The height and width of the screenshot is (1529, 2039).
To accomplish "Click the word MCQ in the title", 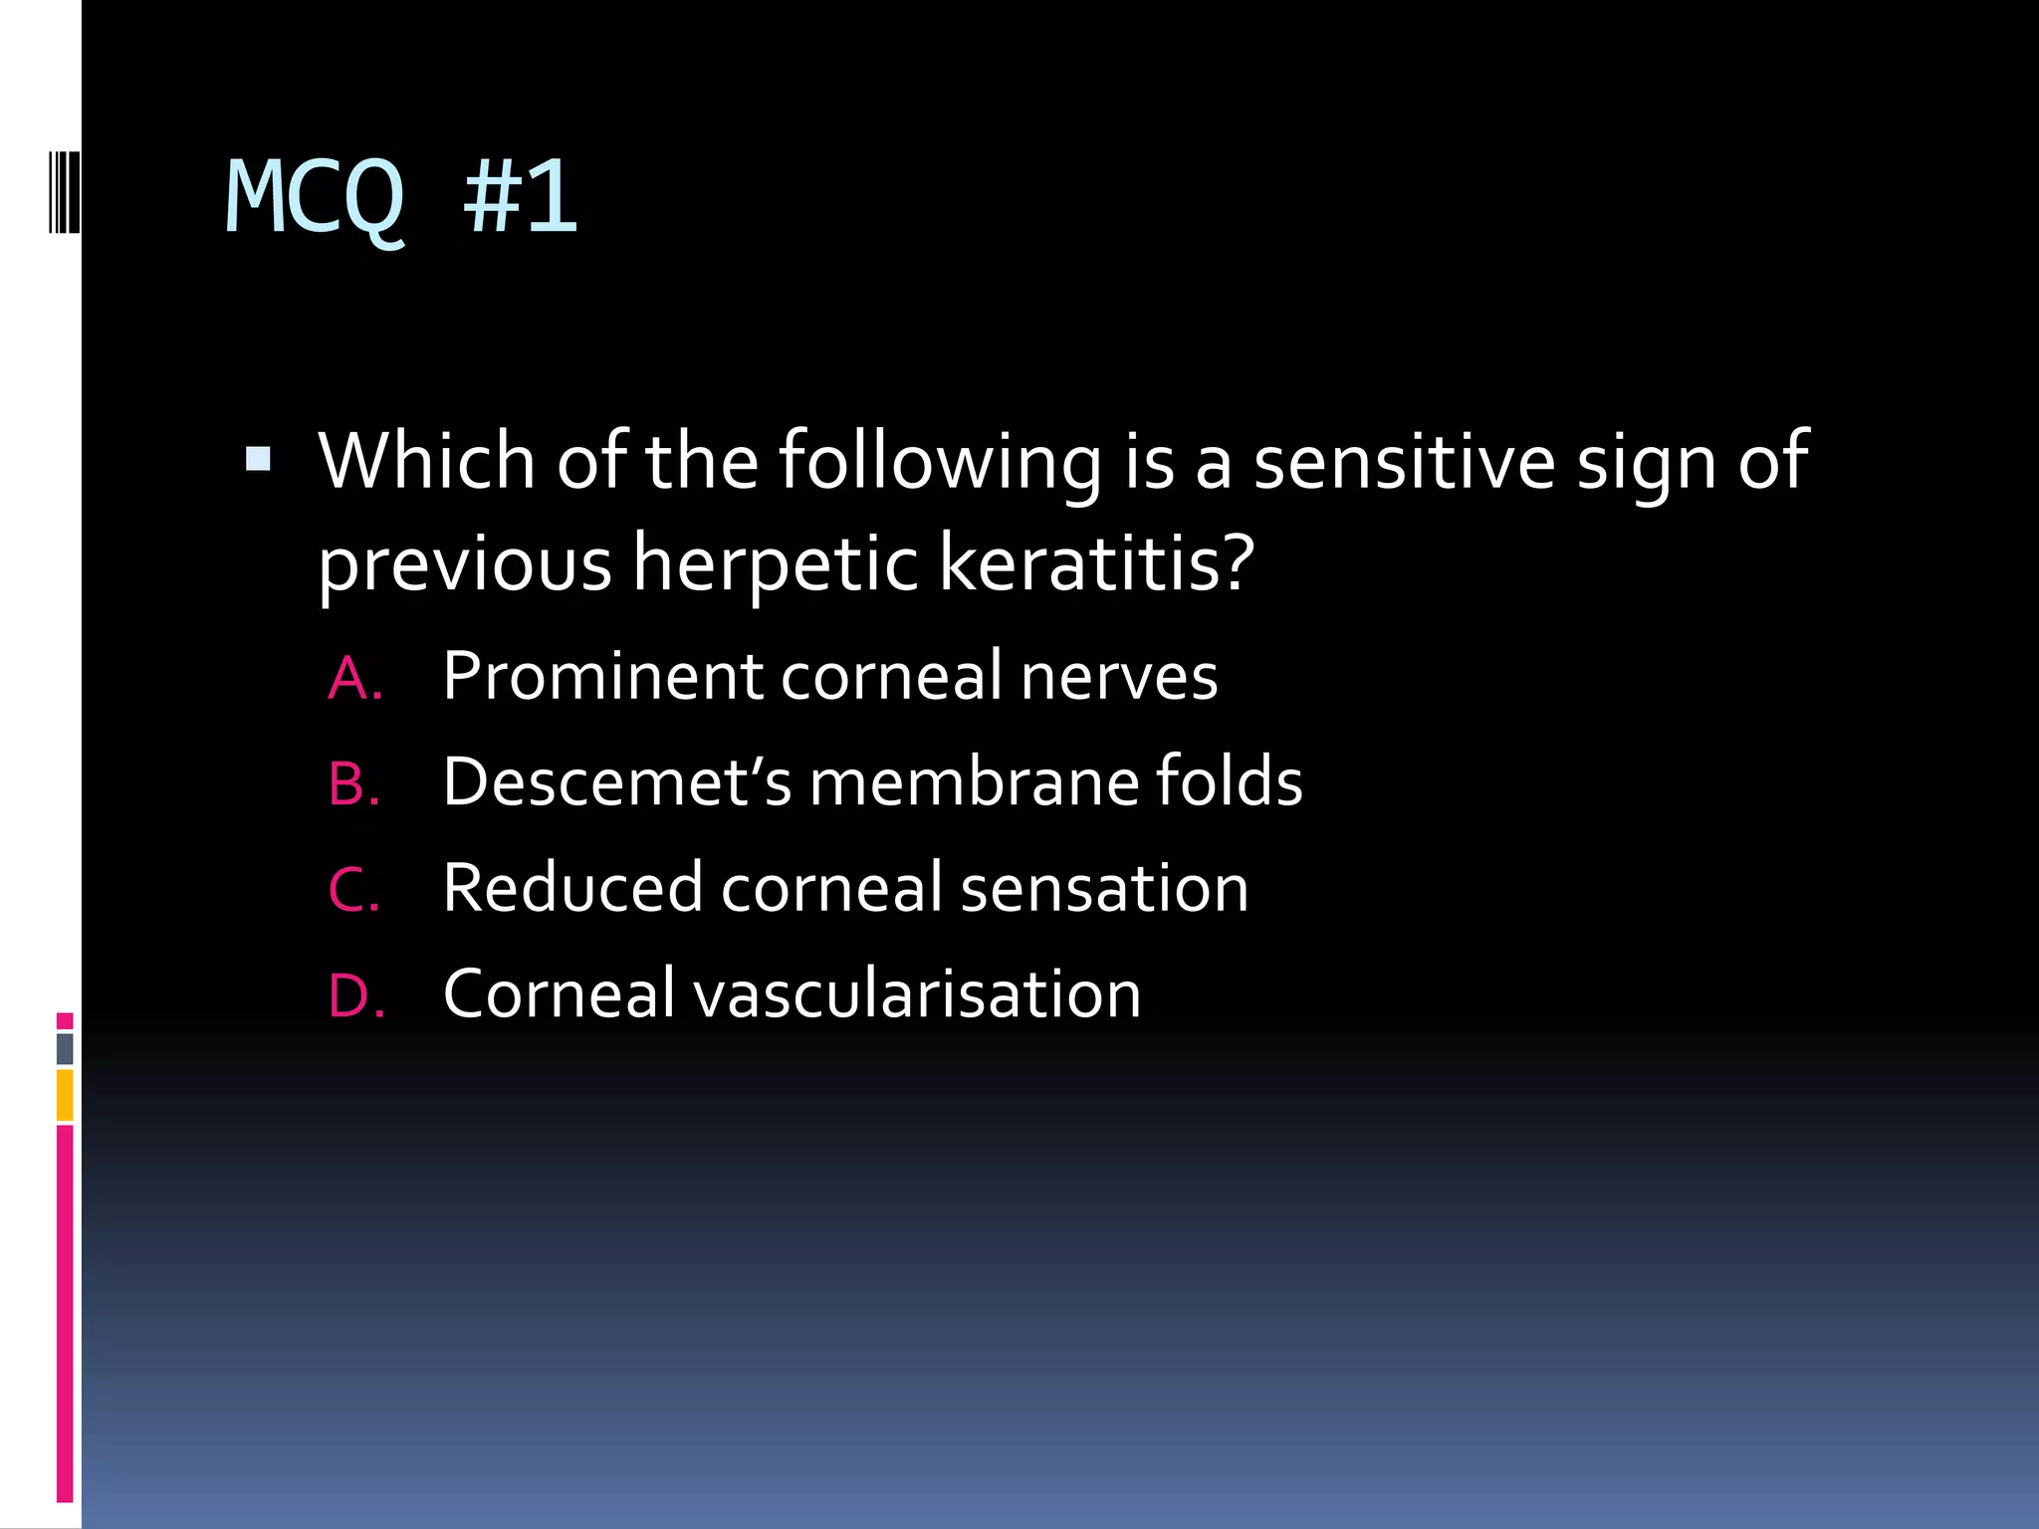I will click(x=315, y=199).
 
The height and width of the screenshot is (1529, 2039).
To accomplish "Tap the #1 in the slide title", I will click(x=520, y=199).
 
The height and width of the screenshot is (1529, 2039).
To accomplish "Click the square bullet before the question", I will click(x=258, y=459).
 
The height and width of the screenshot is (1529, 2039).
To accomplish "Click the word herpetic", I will click(x=776, y=563).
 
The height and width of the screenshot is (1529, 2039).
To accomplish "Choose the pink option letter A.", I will click(x=354, y=679).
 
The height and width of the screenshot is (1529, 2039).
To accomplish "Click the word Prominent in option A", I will click(x=601, y=677).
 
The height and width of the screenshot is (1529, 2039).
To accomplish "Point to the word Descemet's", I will click(x=617, y=782).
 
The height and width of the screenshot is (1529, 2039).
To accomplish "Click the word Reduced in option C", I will click(x=571, y=888).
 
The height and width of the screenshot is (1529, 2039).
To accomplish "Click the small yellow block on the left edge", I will click(x=65, y=1095).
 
